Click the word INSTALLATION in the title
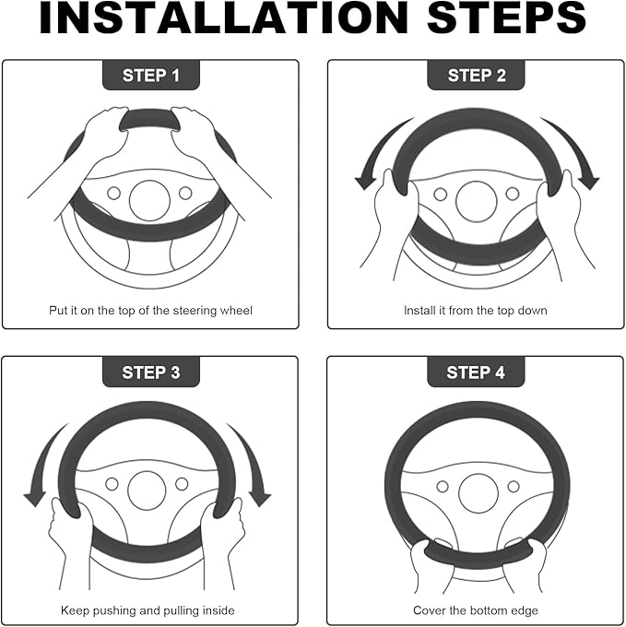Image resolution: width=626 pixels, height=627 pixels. click(224, 18)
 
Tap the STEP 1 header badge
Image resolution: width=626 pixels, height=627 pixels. click(151, 76)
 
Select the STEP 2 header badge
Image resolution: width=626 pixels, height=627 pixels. click(476, 76)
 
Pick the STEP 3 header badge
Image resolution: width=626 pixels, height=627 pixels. click(151, 373)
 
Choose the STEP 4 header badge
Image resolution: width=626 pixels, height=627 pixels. click(476, 373)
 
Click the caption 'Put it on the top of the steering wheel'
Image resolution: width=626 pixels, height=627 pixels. click(150, 311)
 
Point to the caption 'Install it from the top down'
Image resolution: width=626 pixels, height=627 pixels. click(476, 311)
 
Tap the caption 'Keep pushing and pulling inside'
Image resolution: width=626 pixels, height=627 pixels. click(148, 610)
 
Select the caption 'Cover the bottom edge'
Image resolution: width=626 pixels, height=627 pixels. click(476, 610)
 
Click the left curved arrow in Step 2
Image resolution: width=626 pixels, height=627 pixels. click(376, 148)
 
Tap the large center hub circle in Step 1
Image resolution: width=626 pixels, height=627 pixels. click(150, 200)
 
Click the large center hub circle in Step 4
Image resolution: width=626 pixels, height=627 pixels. click(478, 493)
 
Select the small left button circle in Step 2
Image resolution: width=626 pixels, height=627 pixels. click(440, 195)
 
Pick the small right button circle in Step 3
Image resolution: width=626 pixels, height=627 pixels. click(182, 484)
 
